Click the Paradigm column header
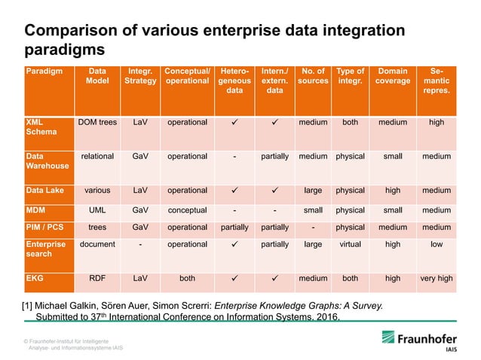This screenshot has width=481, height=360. click(x=42, y=72)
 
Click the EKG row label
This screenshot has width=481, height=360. click(x=35, y=278)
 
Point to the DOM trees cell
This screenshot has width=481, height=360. click(x=97, y=121)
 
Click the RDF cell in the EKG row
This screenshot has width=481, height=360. click(x=97, y=278)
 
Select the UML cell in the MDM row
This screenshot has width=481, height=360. click(x=97, y=210)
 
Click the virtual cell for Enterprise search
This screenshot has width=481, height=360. click(x=350, y=244)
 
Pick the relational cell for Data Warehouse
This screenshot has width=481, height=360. click(x=97, y=157)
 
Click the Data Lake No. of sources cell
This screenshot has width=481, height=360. click(x=313, y=191)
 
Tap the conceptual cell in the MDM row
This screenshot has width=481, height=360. click(x=187, y=210)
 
